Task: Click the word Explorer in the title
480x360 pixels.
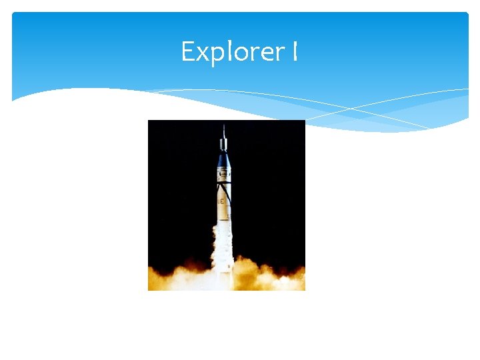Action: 233,51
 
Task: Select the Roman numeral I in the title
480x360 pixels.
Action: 294,51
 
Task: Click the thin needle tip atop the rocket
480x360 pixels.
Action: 224,128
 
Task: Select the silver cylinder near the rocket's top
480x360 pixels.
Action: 224,143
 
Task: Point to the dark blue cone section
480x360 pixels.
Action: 224,160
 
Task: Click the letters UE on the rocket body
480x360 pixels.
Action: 220,199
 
